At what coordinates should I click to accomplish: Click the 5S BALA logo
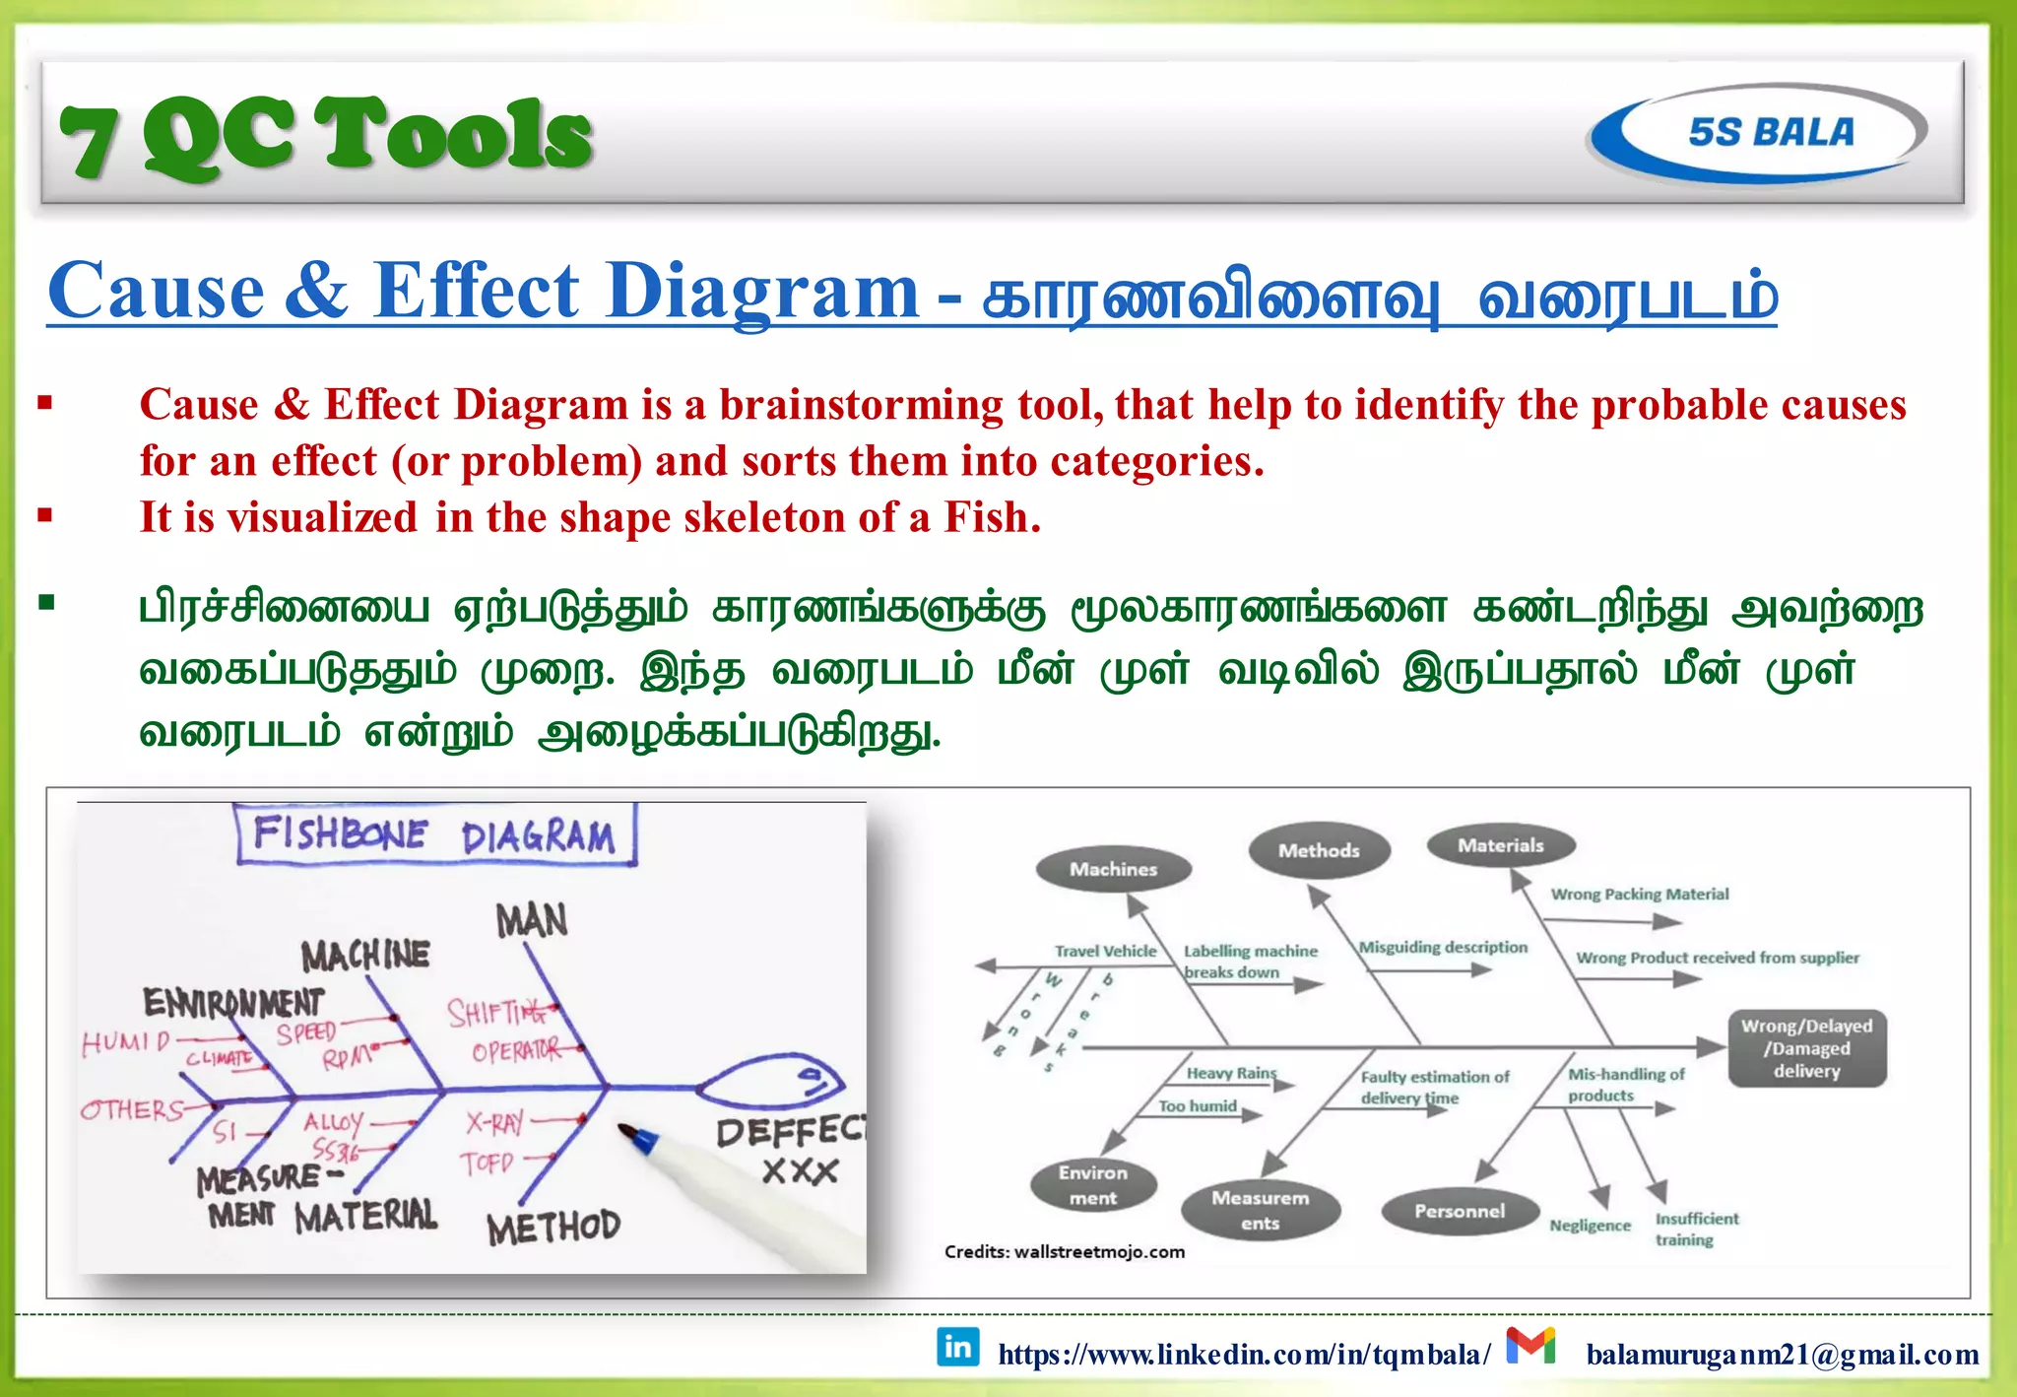1759,133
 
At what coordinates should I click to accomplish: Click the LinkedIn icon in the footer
957,1347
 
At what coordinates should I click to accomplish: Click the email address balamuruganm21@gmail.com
1783,1355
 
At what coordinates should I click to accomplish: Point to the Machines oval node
1114,869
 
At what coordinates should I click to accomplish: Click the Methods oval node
1319,850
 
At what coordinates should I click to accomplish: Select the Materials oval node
1501,845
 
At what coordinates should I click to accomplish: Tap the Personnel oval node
1460,1211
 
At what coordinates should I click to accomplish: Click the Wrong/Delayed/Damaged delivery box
1807,1048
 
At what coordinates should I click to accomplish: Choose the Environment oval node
1093,1185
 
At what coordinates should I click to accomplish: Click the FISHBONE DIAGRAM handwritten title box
435,835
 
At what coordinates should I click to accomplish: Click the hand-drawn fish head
773,1084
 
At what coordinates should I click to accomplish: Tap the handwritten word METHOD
553,1228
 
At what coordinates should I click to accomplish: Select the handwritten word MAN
532,921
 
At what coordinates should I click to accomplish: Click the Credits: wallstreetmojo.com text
1064,1252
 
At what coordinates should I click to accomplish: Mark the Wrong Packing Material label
1639,895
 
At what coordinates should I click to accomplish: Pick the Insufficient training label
1696,1230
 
